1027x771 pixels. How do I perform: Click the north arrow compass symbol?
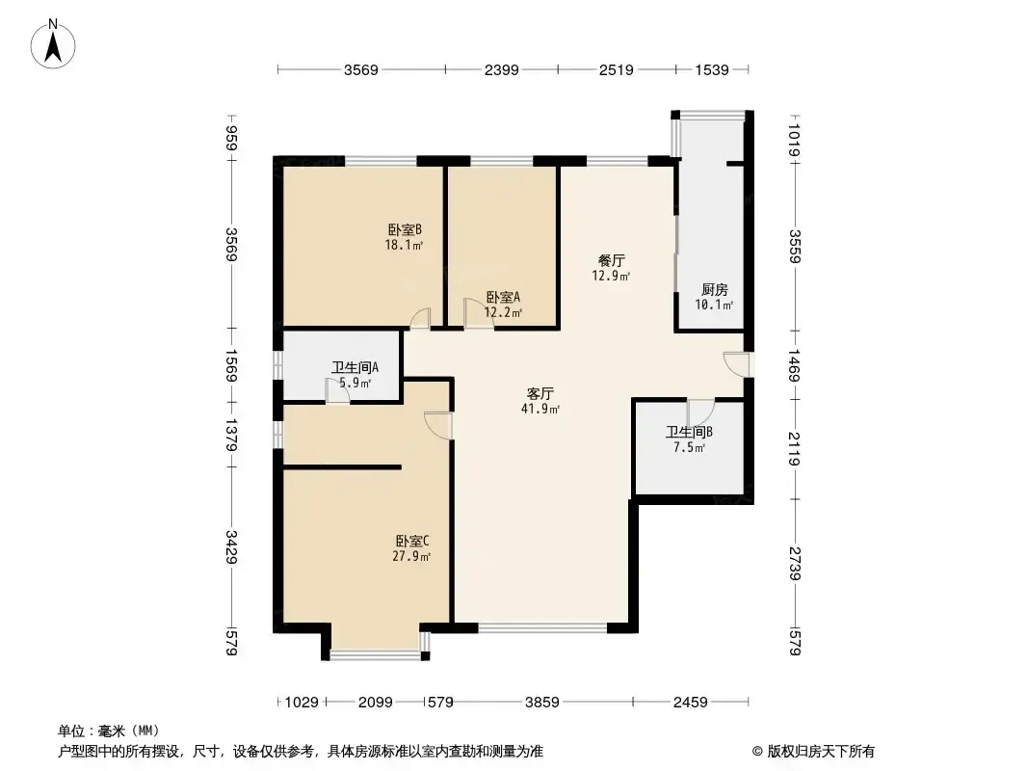(53, 44)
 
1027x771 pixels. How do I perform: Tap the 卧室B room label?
(405, 230)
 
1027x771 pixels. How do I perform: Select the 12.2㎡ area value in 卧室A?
(503, 312)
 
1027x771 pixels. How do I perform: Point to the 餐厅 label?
(612, 261)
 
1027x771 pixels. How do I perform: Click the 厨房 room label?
(715, 289)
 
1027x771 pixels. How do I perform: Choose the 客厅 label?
(540, 393)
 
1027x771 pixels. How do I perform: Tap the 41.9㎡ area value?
(540, 410)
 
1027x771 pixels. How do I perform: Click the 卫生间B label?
(689, 433)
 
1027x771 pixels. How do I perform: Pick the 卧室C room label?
(412, 542)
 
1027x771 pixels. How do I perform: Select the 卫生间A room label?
(355, 367)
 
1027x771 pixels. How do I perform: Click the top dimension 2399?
(502, 69)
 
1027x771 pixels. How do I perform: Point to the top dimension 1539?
(712, 69)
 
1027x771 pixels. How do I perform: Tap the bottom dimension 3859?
(542, 703)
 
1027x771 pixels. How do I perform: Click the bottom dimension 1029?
(302, 703)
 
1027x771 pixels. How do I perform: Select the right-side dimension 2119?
(795, 449)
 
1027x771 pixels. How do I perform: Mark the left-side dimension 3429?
(231, 546)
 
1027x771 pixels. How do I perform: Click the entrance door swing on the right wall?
(737, 364)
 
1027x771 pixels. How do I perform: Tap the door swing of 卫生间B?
(700, 412)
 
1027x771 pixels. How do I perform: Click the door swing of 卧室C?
(437, 425)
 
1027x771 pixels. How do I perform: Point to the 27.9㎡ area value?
(411, 557)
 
